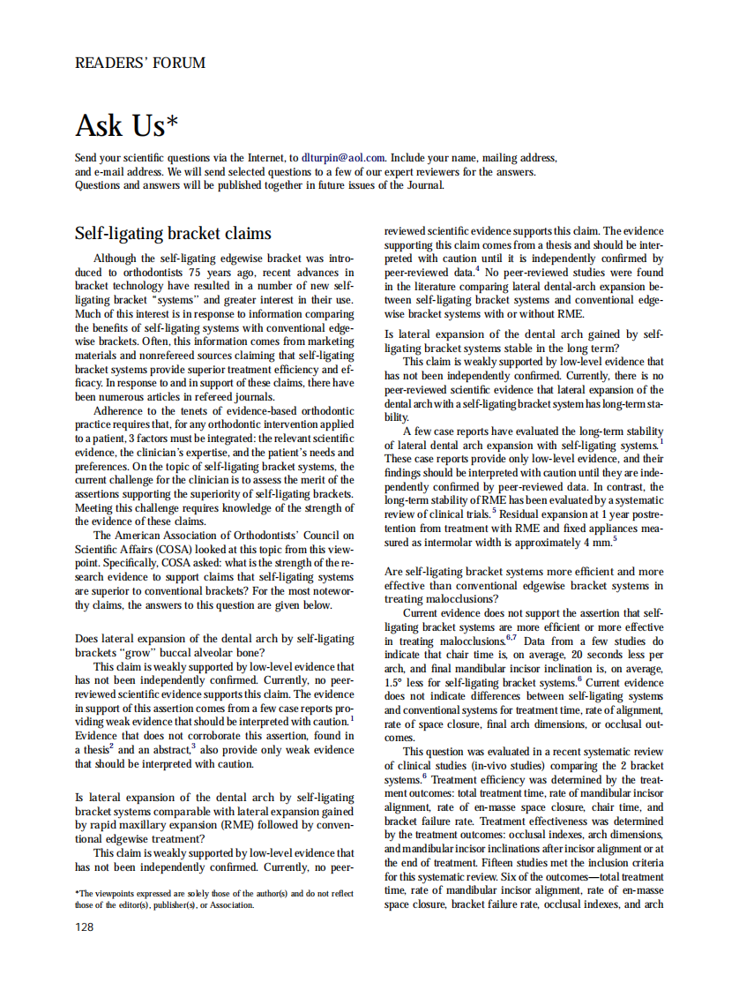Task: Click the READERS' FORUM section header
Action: tap(140, 64)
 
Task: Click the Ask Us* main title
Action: tap(132, 125)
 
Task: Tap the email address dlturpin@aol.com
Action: tap(343, 157)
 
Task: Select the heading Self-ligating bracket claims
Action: tap(173, 234)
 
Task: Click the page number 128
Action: tap(85, 926)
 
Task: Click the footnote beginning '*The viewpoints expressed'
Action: tap(214, 899)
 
